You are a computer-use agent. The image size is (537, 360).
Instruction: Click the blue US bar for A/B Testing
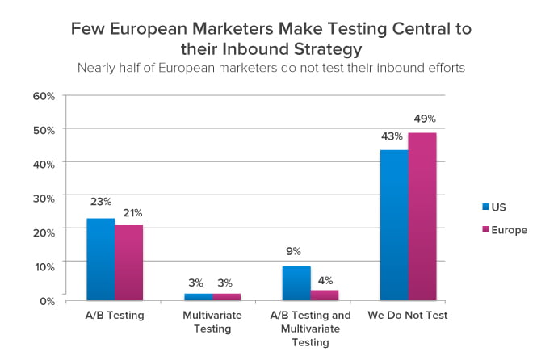coord(101,259)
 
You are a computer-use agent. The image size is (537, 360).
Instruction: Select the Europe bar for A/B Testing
coord(128,263)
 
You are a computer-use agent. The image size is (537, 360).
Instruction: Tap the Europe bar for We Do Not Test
coord(422,216)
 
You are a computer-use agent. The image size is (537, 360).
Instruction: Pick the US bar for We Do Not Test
coord(394,225)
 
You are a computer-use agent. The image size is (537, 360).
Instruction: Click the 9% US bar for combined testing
coord(296,283)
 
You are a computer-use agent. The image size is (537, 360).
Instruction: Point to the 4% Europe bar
coord(325,295)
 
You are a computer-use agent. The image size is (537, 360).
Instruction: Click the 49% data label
coord(425,119)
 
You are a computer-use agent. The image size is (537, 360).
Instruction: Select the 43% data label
coord(392,136)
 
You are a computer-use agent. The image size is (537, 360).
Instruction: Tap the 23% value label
coord(101,202)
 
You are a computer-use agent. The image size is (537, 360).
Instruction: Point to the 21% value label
coord(132,213)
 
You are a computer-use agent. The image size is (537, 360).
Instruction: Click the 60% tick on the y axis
coord(44,96)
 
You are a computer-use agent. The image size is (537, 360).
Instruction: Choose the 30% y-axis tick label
coord(44,199)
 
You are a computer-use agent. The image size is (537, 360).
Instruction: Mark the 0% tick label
coord(48,301)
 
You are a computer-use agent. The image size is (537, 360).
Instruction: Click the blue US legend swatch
coord(485,207)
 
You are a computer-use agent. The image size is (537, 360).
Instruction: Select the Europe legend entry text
coord(510,230)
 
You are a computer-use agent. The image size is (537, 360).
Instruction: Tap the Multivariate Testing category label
coord(212,322)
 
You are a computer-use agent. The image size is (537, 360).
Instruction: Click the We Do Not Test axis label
coord(408,315)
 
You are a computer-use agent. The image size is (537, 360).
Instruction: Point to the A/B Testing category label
coord(115,315)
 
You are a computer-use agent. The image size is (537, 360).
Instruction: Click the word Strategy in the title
coord(328,49)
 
